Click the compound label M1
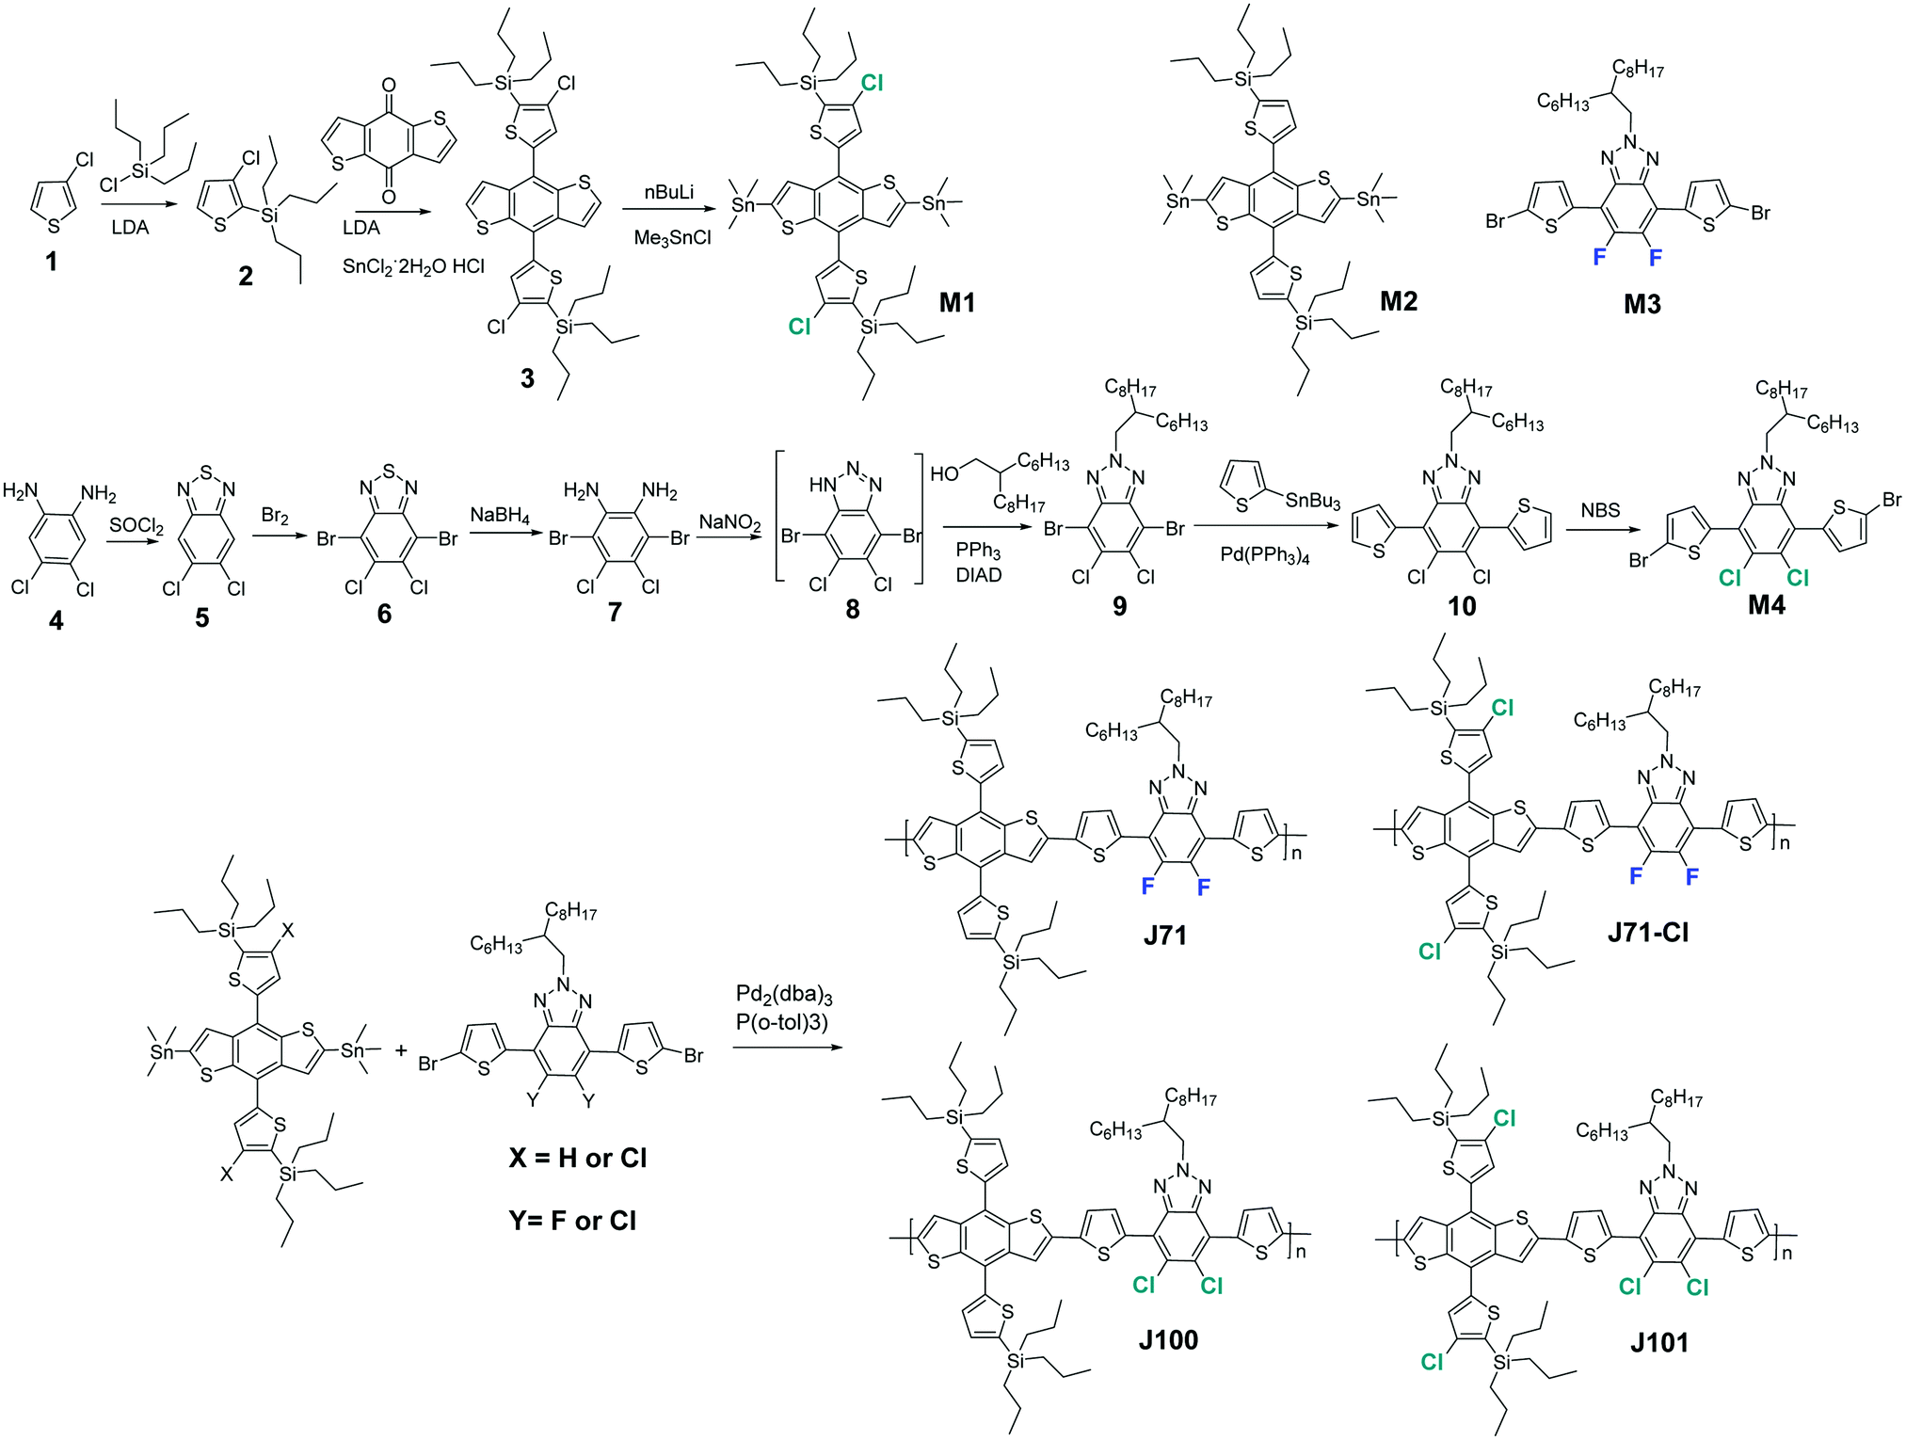point(956,302)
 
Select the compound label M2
point(1398,301)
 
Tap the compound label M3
point(1642,303)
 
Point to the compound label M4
point(1766,605)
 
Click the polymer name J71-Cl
point(1647,933)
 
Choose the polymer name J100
point(1168,1339)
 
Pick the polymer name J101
point(1658,1342)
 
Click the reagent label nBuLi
point(668,193)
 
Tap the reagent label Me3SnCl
point(672,238)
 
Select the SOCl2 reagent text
point(136,525)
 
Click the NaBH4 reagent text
point(500,516)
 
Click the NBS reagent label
point(1600,510)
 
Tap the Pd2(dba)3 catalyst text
point(784,995)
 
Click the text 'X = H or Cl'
point(577,1158)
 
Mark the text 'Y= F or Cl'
point(572,1221)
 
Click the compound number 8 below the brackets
point(852,609)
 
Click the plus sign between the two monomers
point(401,1050)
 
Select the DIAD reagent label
point(978,575)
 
